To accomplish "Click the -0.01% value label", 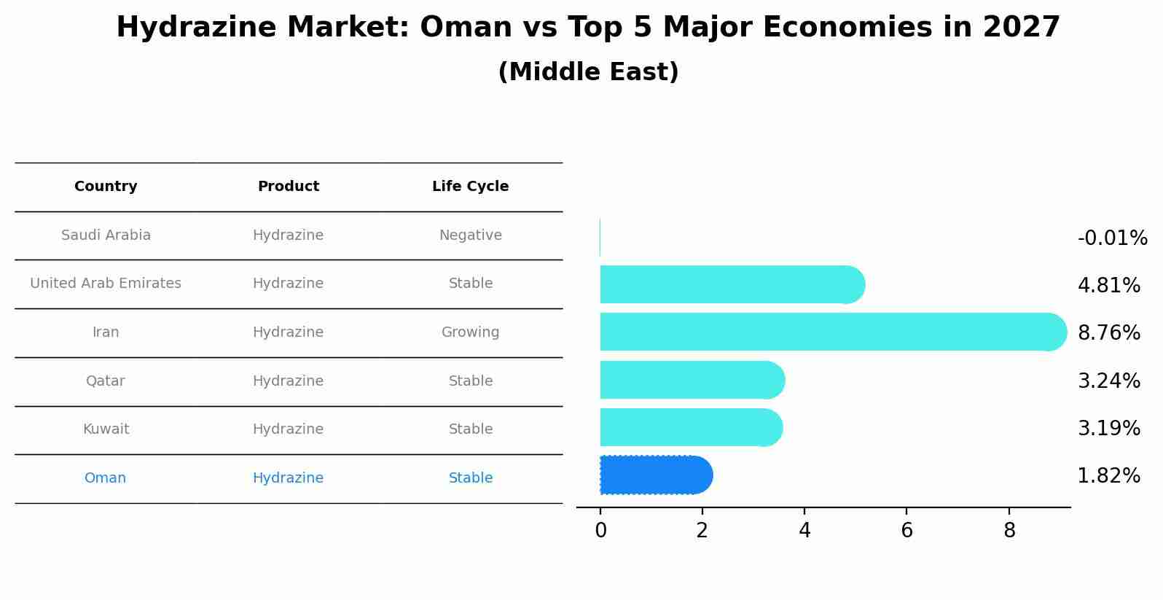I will pos(1112,238).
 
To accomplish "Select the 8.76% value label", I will pos(1108,333).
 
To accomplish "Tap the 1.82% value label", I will pos(1108,476).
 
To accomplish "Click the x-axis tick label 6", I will pos(906,531).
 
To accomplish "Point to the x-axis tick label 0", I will pos(600,531).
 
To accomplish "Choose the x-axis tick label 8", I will pos(1009,531).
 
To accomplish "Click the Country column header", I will pos(106,187).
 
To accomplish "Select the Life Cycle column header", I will pos(470,187).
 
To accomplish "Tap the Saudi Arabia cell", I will pos(106,235).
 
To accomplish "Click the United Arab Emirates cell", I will pos(106,284).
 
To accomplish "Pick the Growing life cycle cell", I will pos(470,332).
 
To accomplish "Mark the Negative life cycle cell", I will pos(470,235).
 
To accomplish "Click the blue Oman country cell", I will pos(105,478).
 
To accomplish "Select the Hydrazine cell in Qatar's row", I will pos(288,381).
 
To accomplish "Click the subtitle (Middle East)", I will pos(588,72).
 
